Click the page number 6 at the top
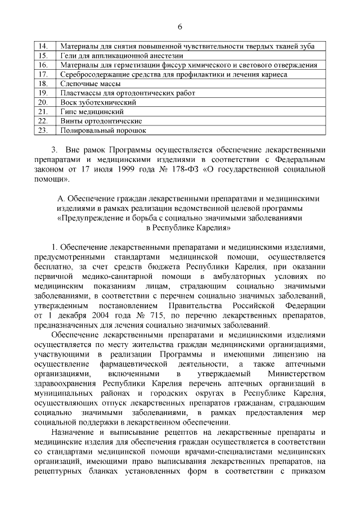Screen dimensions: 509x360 [180, 27]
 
